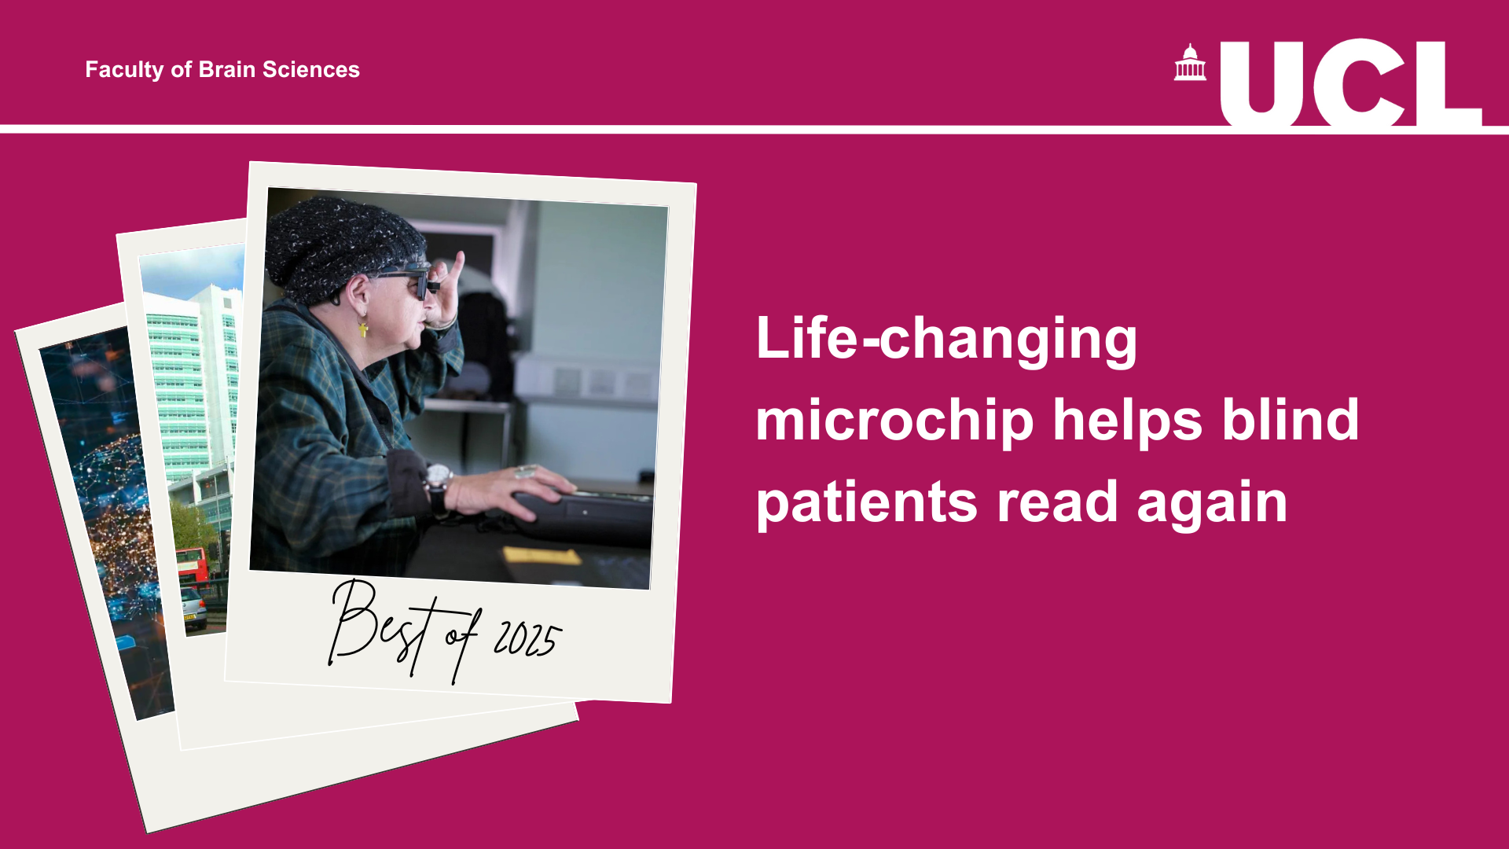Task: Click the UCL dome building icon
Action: tap(1190, 62)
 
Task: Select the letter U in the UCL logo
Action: tap(1261, 83)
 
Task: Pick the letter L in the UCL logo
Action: tap(1445, 83)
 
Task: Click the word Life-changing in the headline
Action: tap(946, 339)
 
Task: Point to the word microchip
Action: tap(894, 421)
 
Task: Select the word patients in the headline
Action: tap(867, 503)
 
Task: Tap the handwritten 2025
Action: tap(527, 639)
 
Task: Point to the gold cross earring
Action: tap(363, 328)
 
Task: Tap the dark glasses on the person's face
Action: tap(408, 281)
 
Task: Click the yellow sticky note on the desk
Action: tap(542, 556)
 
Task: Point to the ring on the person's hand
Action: tap(524, 472)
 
